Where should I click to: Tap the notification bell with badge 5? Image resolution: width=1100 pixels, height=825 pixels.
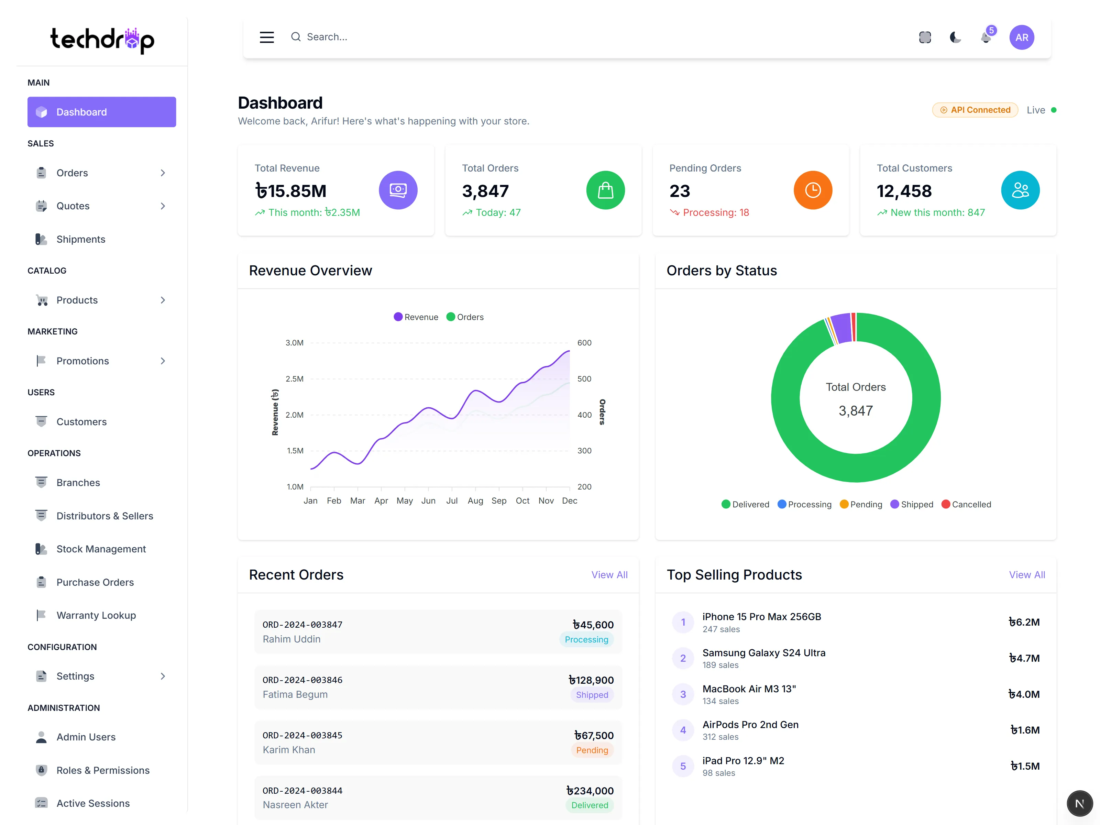pyautogui.click(x=986, y=37)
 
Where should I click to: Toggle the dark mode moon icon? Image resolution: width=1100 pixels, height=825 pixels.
pyautogui.click(x=955, y=37)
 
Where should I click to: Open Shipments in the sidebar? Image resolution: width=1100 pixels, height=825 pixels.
pyautogui.click(x=80, y=239)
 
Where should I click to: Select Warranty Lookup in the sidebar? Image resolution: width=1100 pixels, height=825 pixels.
pyautogui.click(x=96, y=615)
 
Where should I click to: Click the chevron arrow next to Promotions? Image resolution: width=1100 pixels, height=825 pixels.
pyautogui.click(x=163, y=361)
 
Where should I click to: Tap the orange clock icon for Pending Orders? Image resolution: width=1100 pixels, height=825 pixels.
pyautogui.click(x=813, y=190)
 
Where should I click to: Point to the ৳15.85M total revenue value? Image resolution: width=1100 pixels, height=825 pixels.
pyautogui.click(x=291, y=191)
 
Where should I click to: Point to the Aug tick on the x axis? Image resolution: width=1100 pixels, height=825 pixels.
pyautogui.click(x=475, y=501)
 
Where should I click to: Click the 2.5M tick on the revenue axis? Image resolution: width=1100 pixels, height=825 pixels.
pyautogui.click(x=294, y=379)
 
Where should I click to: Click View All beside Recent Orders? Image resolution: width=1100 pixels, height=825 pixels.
pyautogui.click(x=609, y=575)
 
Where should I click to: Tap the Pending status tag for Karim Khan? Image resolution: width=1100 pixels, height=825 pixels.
pyautogui.click(x=592, y=750)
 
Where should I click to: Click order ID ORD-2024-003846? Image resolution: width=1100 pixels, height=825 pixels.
pyautogui.click(x=302, y=680)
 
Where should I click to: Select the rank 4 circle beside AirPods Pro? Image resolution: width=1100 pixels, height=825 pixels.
pyautogui.click(x=683, y=730)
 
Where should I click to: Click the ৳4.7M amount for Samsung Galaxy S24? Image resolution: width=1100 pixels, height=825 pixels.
pyautogui.click(x=1024, y=658)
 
